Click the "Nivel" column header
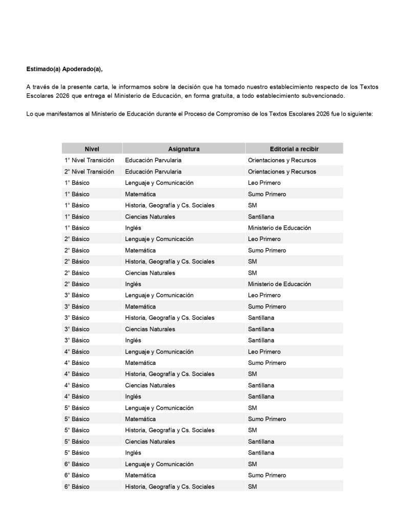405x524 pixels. [92, 149]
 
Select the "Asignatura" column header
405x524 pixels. [183, 149]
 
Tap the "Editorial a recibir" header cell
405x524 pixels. [294, 149]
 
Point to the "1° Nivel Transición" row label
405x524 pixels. [89, 160]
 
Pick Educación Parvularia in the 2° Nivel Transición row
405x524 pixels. [153, 171]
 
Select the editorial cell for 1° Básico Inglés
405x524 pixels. [279, 228]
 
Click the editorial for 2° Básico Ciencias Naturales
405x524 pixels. [252, 273]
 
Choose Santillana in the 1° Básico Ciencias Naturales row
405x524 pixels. [261, 216]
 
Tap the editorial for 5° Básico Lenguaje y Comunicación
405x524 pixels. [252, 408]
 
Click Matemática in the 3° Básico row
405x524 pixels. [140, 307]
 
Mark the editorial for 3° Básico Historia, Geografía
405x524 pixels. [261, 318]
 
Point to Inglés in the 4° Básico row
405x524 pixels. [133, 397]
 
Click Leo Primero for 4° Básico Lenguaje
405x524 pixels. [264, 352]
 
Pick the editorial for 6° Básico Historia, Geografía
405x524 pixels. [252, 487]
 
